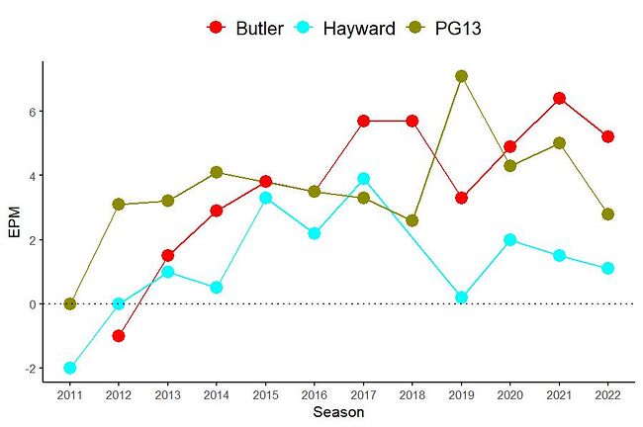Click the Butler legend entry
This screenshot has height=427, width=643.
(242, 28)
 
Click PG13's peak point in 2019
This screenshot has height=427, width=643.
(461, 76)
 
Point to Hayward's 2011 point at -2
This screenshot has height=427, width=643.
(70, 368)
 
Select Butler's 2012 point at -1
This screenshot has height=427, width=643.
(119, 336)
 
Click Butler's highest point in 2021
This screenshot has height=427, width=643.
(559, 98)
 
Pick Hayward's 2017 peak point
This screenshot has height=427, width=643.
(363, 179)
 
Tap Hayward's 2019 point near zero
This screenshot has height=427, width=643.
(461, 298)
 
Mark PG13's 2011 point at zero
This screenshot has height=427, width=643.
(70, 304)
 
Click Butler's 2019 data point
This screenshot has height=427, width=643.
(461, 198)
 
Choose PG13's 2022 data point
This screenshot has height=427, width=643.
(607, 214)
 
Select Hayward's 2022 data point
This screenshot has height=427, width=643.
(607, 269)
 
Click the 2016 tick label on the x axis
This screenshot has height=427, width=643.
(315, 395)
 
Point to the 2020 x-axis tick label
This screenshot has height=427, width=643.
(509, 395)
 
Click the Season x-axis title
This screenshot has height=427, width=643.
(338, 413)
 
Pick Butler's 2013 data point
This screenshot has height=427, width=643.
(167, 256)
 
